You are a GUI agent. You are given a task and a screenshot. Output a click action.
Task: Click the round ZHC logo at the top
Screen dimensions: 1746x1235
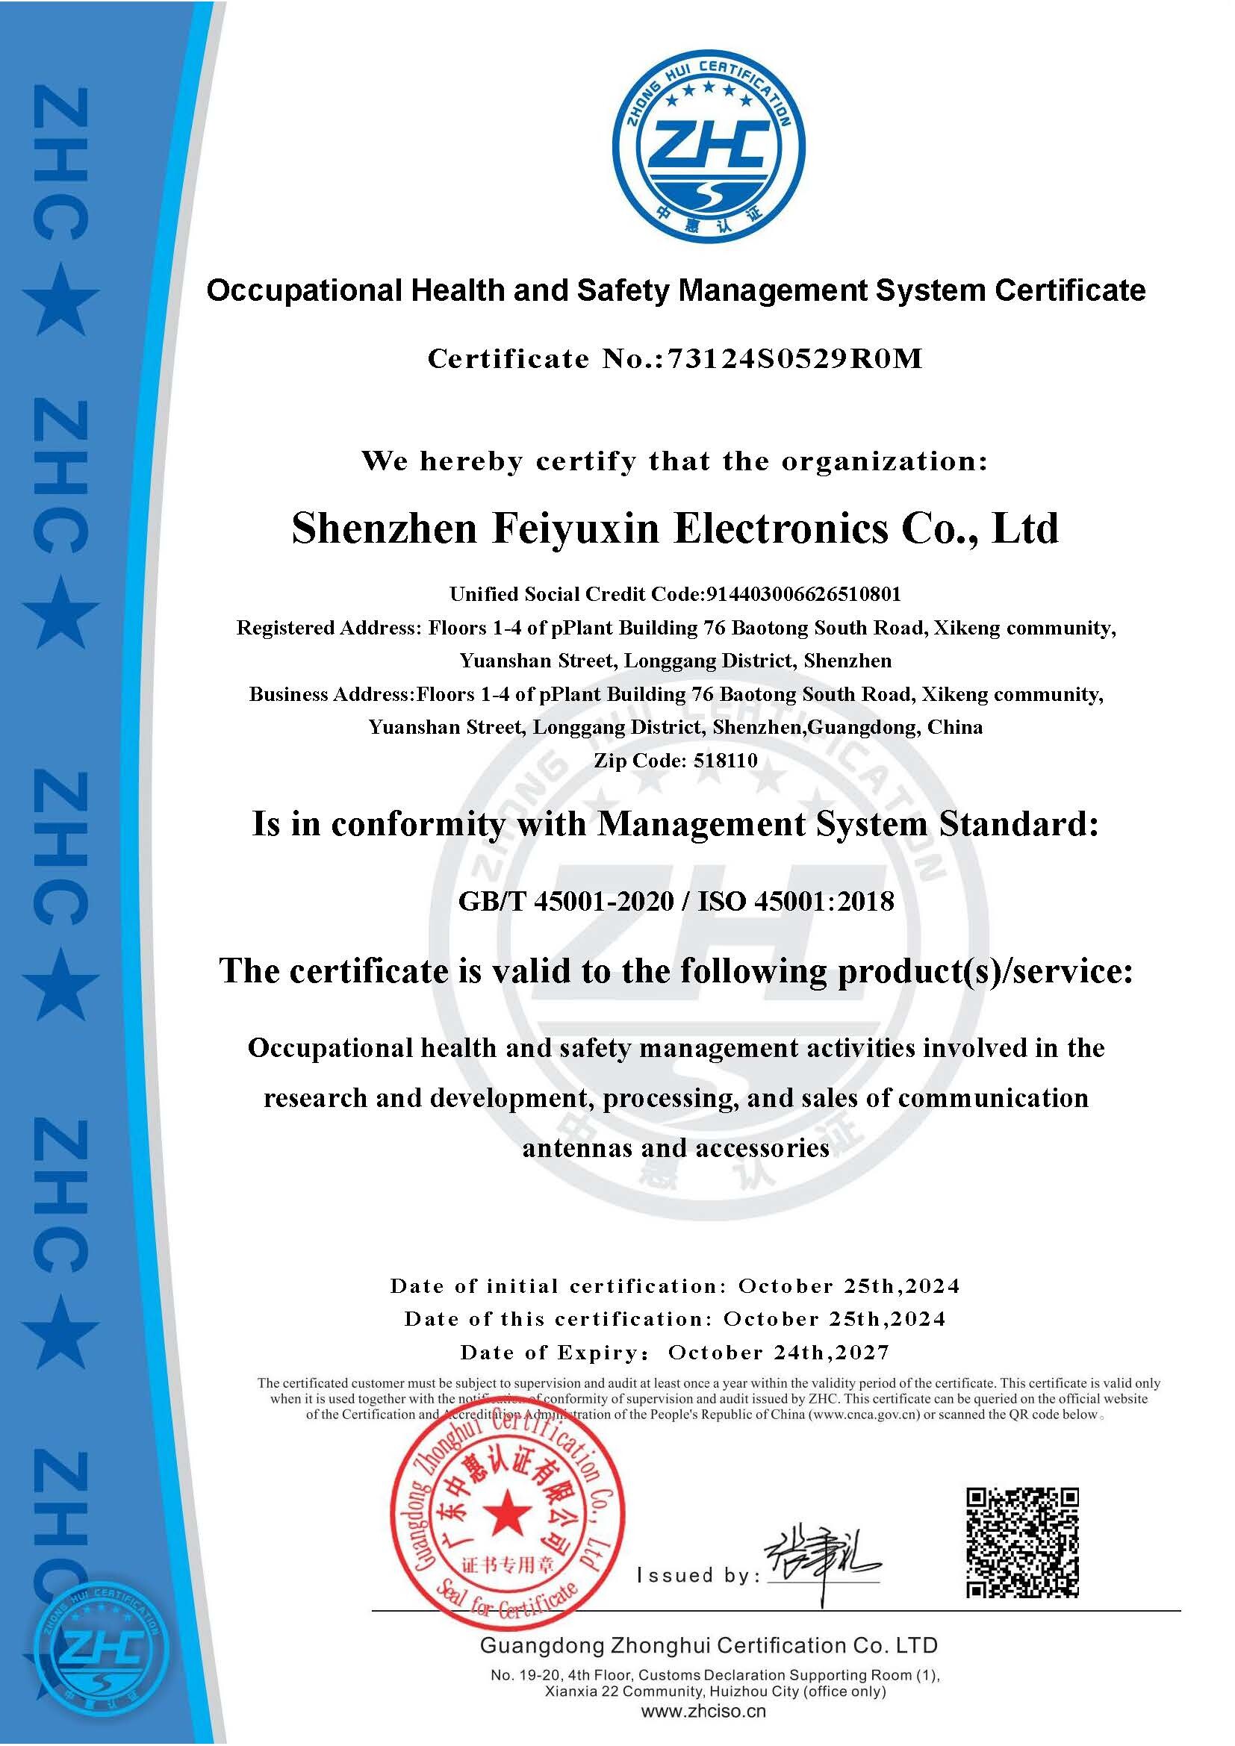point(709,149)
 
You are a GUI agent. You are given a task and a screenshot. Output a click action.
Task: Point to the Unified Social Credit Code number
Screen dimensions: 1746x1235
point(804,594)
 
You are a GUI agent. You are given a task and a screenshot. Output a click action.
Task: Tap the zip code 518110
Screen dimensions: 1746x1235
point(726,760)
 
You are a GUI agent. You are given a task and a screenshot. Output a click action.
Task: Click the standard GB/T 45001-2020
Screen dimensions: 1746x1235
point(566,901)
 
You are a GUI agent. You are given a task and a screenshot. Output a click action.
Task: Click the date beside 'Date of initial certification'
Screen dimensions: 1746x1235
point(849,1286)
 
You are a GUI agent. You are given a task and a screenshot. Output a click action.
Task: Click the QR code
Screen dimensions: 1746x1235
point(1022,1543)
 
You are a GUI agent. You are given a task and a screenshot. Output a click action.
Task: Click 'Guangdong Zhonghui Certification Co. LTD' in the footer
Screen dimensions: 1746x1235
point(708,1646)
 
